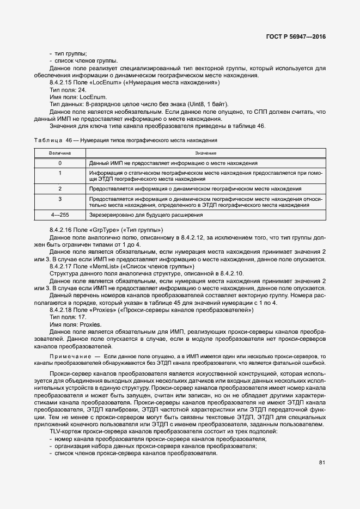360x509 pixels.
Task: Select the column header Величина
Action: tap(60, 154)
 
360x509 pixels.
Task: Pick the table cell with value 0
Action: tap(60, 163)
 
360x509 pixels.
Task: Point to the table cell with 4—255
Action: tap(60, 215)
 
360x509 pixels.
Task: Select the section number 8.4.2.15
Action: tap(62, 83)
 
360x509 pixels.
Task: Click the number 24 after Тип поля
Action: tap(82, 90)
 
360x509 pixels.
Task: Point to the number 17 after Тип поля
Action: tap(82, 316)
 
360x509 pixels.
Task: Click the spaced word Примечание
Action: tap(68, 355)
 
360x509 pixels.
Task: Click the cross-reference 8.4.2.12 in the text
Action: tap(196, 237)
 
